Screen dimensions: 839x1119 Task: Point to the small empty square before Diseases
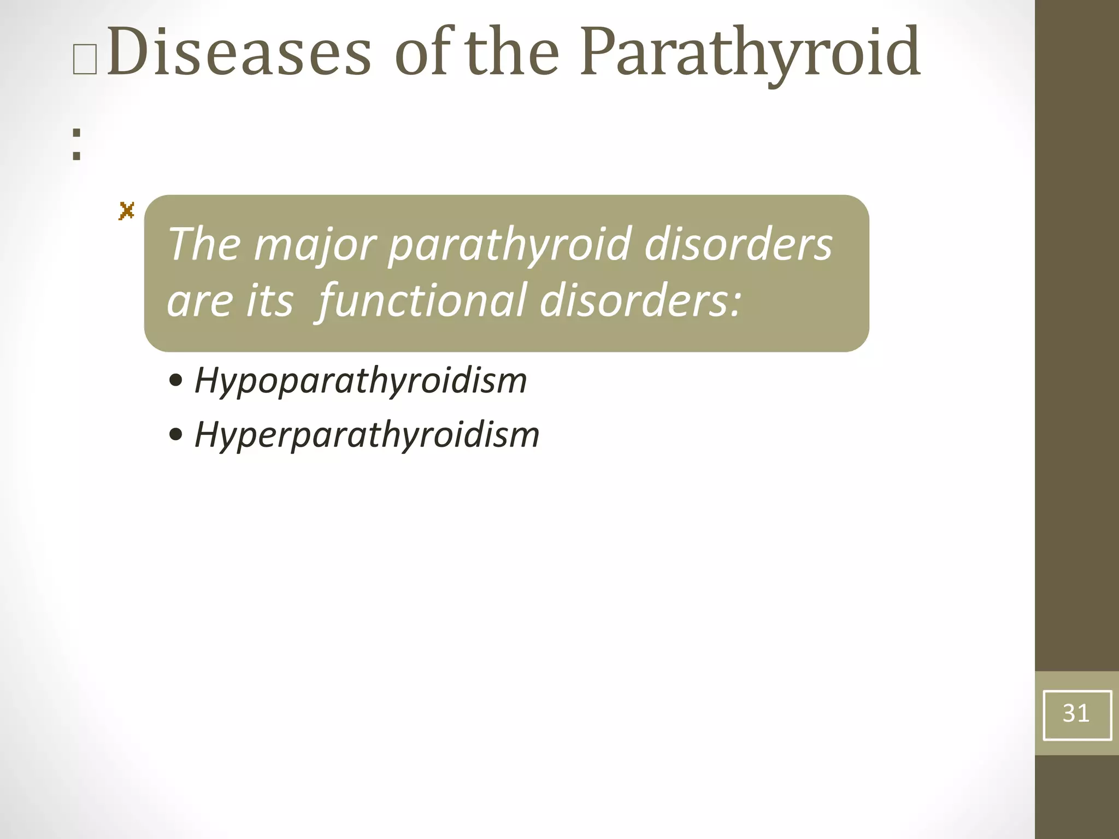pyautogui.click(x=85, y=61)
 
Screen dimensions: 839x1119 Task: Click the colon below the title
pyautogui.click(x=76, y=144)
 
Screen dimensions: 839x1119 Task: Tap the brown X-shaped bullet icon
pyautogui.click(x=126, y=211)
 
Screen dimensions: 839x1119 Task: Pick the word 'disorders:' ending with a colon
pyautogui.click(x=640, y=301)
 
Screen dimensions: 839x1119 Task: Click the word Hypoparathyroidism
pyautogui.click(x=361, y=381)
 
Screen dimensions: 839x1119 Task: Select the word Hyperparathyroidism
pyautogui.click(x=367, y=435)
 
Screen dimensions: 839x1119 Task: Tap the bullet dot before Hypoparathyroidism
pyautogui.click(x=176, y=380)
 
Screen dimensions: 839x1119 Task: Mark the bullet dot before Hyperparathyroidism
pyautogui.click(x=176, y=435)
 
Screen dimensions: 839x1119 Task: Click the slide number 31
pyautogui.click(x=1076, y=713)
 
